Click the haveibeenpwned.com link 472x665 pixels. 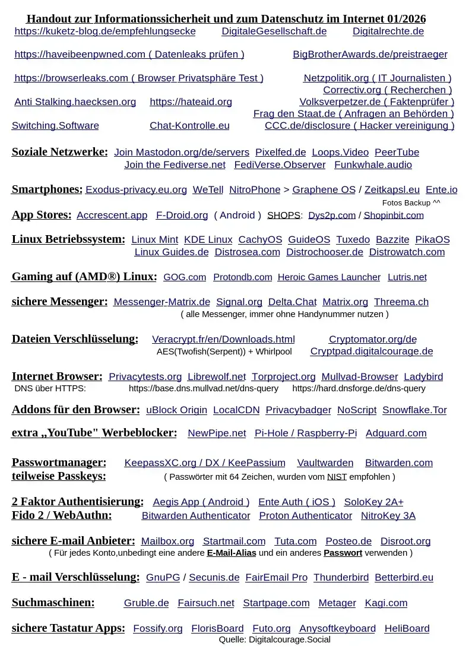click(129, 55)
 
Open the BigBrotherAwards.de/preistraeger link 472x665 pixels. click(370, 55)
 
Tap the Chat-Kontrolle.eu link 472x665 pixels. click(189, 126)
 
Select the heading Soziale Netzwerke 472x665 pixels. click(60, 152)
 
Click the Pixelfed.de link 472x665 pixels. click(280, 153)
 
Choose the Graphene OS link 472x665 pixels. click(324, 190)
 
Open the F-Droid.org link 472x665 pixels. click(182, 216)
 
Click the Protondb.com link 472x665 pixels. click(242, 277)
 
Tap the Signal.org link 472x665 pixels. click(239, 302)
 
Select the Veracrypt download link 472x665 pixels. click(223, 340)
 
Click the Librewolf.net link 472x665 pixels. click(216, 377)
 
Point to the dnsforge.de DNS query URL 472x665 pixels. click(359, 389)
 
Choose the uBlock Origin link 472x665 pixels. click(176, 410)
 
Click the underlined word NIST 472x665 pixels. click(337, 477)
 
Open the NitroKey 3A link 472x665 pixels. click(388, 516)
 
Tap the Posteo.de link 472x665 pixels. click(349, 541)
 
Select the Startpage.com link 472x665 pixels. click(276, 603)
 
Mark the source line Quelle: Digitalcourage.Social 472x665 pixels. click(274, 639)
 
